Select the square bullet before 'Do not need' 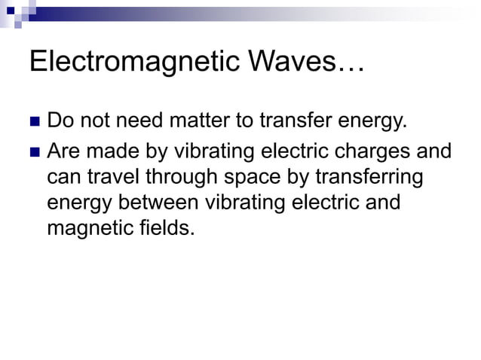(32, 122)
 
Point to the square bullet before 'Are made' (32, 153)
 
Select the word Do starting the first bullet (60, 121)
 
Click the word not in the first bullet (98, 121)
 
